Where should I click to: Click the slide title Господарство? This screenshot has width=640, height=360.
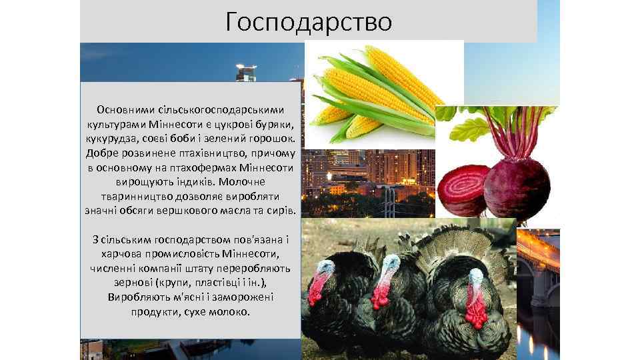coord(308,21)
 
